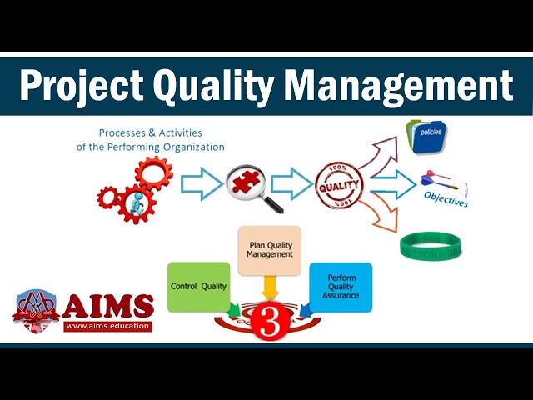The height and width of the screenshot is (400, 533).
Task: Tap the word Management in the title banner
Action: click(393, 85)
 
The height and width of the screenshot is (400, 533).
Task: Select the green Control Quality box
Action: click(197, 287)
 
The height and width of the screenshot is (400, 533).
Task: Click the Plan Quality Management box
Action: click(270, 249)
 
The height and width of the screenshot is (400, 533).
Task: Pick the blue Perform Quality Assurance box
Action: click(341, 287)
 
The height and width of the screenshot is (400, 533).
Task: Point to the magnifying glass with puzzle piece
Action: click(251, 184)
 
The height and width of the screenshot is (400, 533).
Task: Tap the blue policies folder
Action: click(427, 137)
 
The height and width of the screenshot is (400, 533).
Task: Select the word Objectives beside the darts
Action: click(446, 200)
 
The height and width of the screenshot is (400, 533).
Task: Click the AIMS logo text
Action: click(108, 305)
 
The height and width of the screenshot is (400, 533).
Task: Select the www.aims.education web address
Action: click(108, 326)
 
